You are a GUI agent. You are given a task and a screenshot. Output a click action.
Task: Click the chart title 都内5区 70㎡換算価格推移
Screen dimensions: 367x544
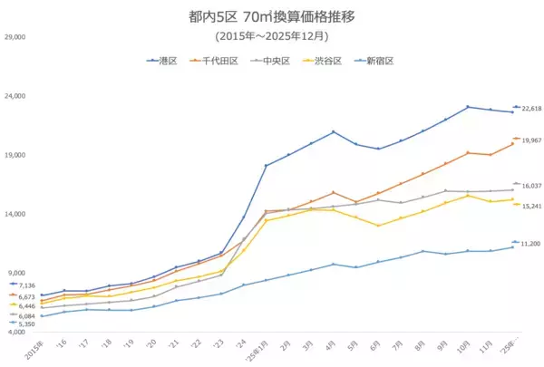point(271,17)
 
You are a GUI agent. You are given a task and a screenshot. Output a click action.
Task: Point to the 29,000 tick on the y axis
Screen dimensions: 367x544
point(15,37)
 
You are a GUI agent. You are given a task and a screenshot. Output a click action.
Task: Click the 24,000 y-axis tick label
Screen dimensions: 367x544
point(15,96)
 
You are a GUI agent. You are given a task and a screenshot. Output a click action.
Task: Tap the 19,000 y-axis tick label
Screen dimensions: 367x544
point(15,155)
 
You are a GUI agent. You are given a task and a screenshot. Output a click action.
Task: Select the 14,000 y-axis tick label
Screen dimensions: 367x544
point(15,214)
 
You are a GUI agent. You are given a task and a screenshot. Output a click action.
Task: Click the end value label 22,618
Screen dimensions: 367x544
point(531,109)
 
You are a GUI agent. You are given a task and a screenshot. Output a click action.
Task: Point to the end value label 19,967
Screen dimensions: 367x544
point(531,140)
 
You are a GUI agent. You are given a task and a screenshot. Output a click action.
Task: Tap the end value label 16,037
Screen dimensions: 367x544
point(531,186)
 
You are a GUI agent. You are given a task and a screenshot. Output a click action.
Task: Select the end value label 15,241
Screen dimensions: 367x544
point(531,206)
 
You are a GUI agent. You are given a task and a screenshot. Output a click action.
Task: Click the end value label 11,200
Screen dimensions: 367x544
point(531,244)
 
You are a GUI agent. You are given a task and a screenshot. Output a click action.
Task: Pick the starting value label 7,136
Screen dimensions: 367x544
point(26,286)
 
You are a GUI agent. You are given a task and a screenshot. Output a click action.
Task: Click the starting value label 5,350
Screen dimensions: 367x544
point(26,324)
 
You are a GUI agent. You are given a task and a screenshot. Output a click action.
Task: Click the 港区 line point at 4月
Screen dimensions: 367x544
point(334,132)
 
